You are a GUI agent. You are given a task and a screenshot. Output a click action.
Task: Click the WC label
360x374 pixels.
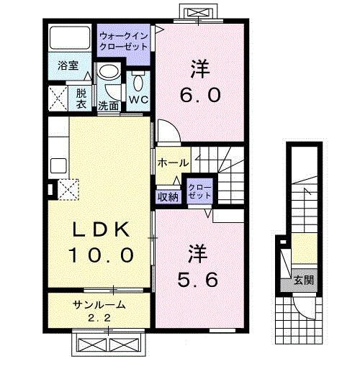pyautogui.click(x=138, y=100)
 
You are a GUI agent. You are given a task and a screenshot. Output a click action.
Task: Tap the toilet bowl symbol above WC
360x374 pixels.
pyautogui.click(x=138, y=76)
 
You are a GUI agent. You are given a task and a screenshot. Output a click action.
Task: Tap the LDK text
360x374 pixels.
pyautogui.click(x=100, y=230)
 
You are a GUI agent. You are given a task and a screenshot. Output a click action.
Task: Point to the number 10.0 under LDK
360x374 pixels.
pyautogui.click(x=100, y=255)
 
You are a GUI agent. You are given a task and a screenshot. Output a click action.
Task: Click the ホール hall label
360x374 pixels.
pyautogui.click(x=174, y=163)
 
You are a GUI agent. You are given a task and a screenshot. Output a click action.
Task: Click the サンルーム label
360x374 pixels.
pyautogui.click(x=99, y=305)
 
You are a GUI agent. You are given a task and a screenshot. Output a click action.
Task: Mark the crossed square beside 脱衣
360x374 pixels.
pyautogui.click(x=58, y=97)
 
